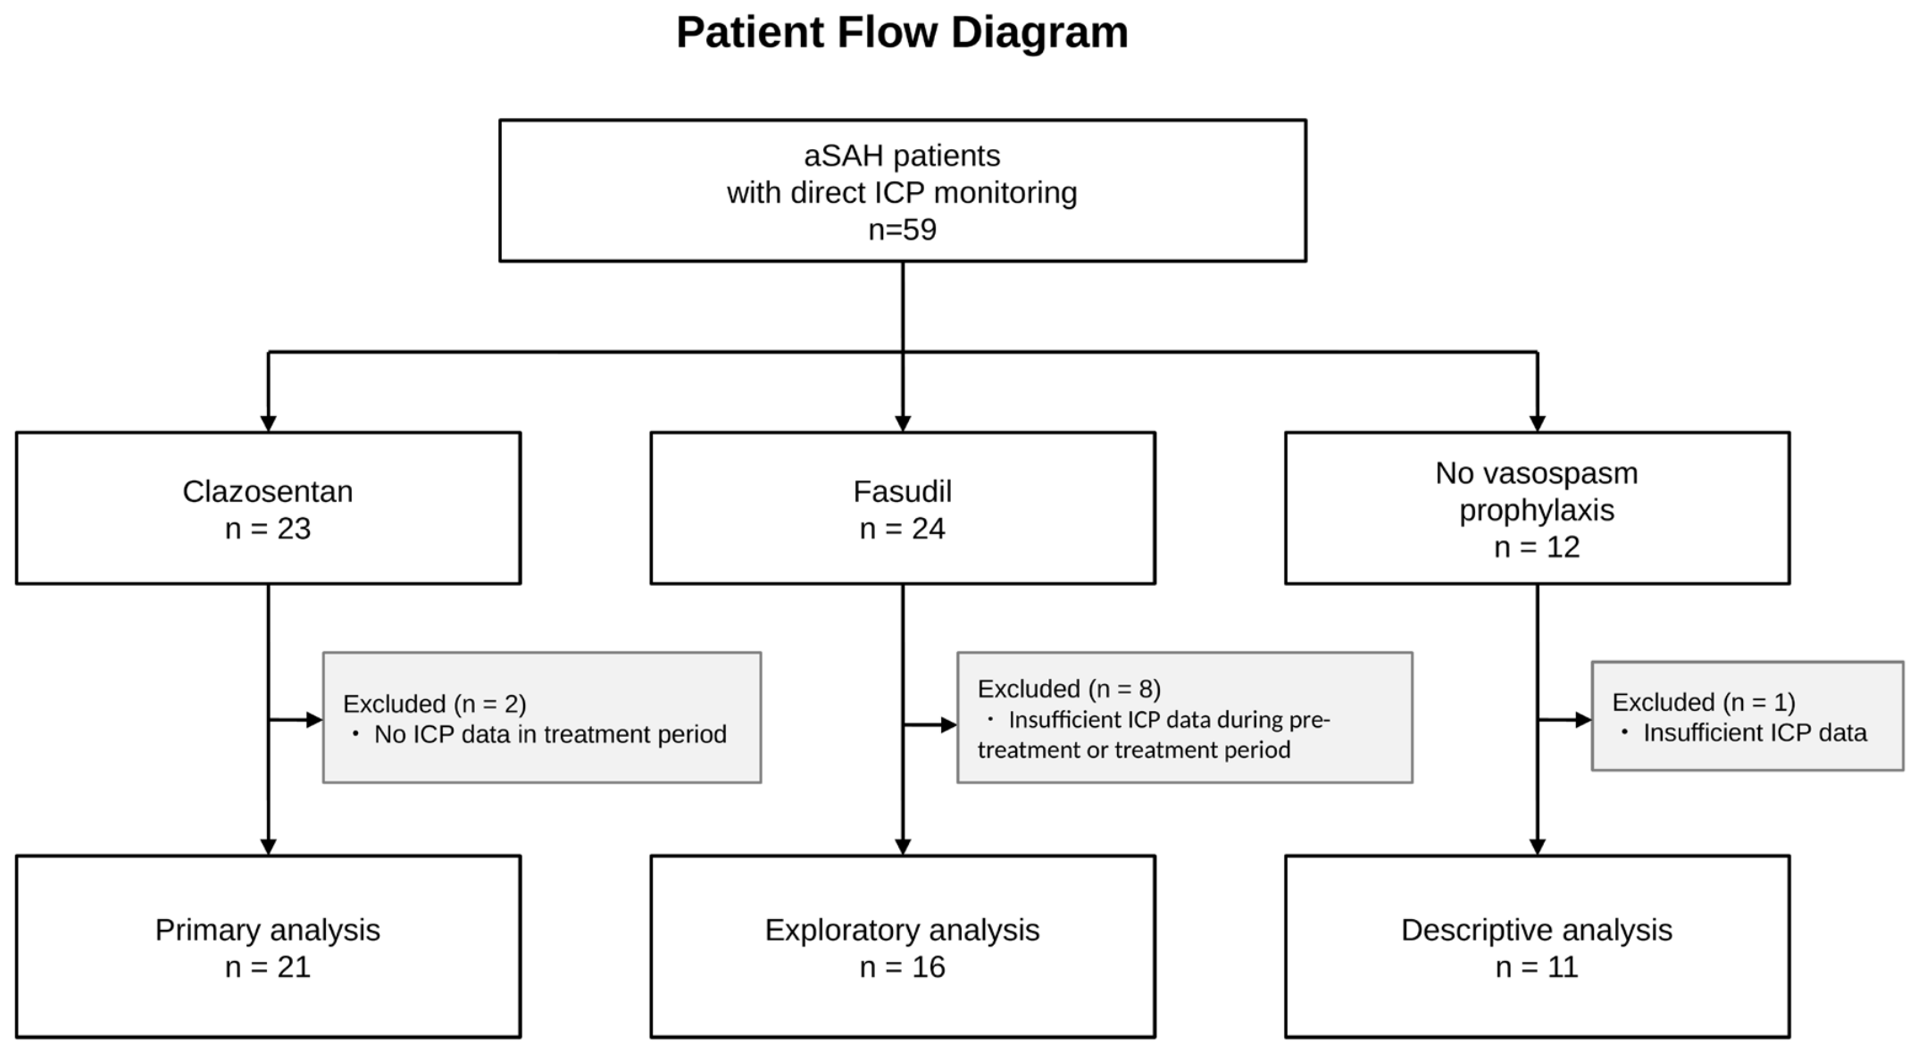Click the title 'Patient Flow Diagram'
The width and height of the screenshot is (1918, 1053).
tap(902, 33)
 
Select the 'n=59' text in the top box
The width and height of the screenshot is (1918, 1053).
tap(902, 230)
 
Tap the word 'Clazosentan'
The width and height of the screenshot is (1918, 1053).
tap(268, 491)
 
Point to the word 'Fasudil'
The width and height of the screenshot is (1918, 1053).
tap(902, 491)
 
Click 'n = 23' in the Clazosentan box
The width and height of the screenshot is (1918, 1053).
tap(268, 529)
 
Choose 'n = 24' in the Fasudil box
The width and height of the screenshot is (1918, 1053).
tap(902, 529)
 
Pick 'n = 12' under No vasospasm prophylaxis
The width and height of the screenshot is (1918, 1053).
tap(1537, 547)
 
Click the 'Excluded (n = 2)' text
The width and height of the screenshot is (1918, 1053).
tap(435, 704)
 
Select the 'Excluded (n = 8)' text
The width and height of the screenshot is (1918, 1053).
tap(1069, 689)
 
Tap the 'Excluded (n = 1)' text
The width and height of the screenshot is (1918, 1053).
tap(1703, 702)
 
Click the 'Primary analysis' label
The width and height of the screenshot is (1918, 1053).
tap(268, 930)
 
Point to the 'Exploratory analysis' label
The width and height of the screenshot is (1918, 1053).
tap(902, 930)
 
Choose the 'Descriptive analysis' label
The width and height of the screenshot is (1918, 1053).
tap(1537, 930)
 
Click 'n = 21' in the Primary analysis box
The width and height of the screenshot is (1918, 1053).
tap(268, 967)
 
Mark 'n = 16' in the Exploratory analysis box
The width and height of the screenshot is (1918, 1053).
tap(902, 967)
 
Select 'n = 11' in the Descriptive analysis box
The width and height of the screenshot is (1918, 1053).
tap(1537, 967)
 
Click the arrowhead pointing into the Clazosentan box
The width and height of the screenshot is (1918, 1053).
tap(268, 424)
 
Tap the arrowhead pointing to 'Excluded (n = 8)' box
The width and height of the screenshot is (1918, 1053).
tap(949, 725)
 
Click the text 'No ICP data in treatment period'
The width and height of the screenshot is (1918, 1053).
tap(550, 734)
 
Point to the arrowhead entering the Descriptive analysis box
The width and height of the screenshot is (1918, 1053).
tap(1537, 848)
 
